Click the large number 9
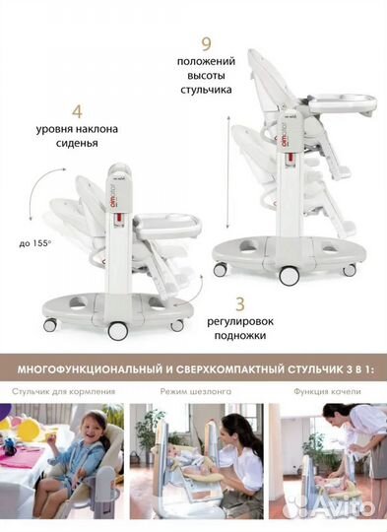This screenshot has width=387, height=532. coord(206,44)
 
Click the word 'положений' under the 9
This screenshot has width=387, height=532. coord(206,62)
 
